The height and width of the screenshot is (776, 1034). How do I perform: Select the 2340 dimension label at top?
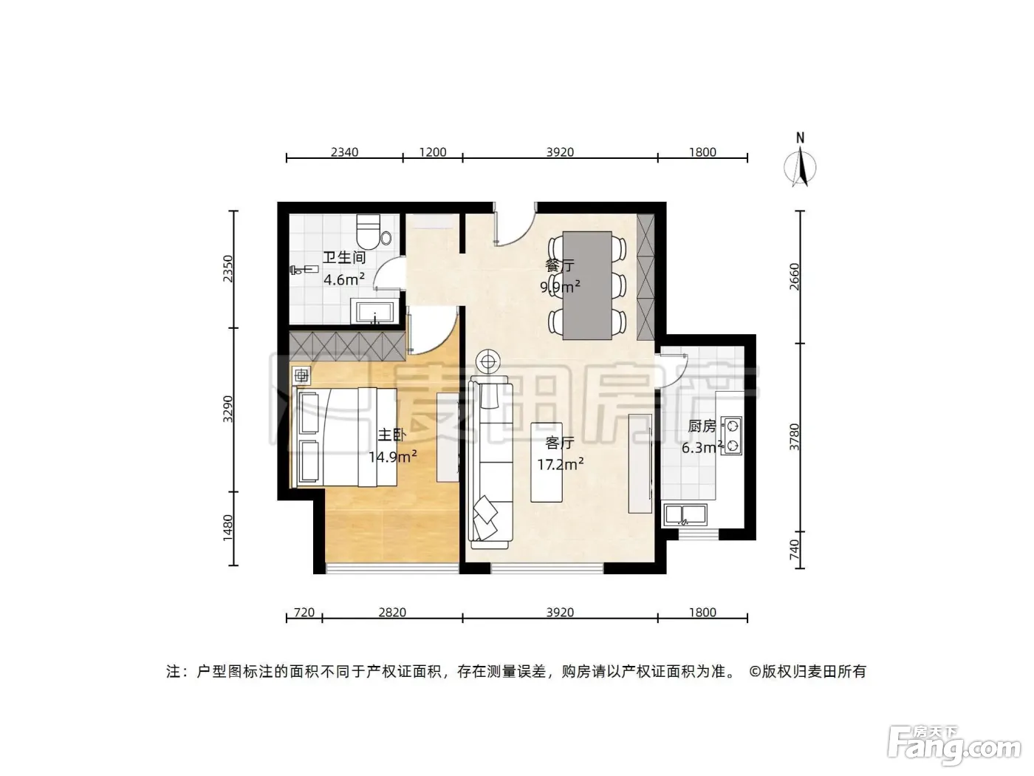[344, 152]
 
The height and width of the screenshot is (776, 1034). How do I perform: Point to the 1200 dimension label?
[433, 152]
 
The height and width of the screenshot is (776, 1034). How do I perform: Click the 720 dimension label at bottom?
[304, 612]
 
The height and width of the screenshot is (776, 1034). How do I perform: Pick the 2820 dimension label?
[392, 612]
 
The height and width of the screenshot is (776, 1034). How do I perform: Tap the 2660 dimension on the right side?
[794, 276]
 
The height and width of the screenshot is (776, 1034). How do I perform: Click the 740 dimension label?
[794, 550]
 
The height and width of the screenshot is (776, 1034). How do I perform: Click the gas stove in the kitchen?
[732, 436]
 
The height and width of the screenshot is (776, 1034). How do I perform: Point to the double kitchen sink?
[685, 515]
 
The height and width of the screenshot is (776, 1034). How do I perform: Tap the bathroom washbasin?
[375, 311]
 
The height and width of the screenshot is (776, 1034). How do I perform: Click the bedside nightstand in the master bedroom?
[301, 375]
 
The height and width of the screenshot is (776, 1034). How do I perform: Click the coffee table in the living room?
[547, 462]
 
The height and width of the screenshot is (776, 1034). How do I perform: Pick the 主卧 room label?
[391, 435]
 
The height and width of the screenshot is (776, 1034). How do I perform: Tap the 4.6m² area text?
[344, 279]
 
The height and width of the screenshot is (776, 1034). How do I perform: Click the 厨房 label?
[702, 426]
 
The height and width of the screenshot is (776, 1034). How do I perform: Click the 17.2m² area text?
[560, 465]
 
